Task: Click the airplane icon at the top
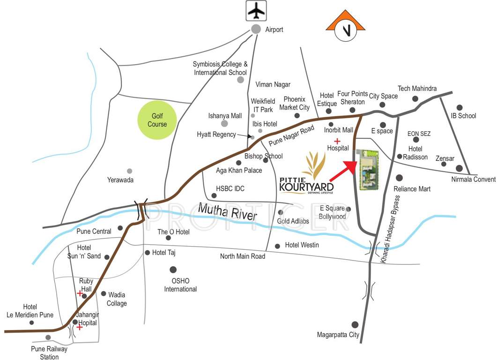[256, 10]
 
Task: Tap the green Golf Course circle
[157, 120]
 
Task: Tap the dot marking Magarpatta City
[355, 324]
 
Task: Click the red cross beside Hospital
[336, 141]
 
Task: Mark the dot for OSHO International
[173, 270]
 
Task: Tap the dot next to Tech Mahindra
[415, 98]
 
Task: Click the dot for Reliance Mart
[399, 178]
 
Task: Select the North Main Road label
[243, 256]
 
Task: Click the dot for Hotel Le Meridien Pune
[32, 322]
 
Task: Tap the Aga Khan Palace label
[239, 171]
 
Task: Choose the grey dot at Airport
[256, 29]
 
